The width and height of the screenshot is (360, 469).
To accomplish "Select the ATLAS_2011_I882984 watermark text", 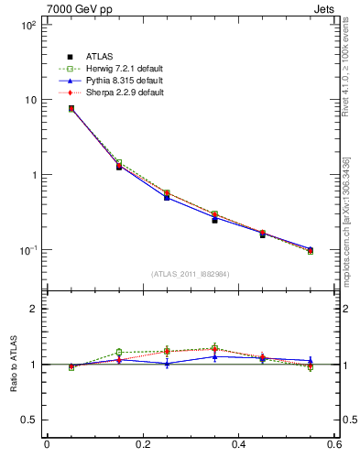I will [x=191, y=273].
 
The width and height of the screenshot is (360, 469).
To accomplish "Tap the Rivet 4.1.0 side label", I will [x=347, y=64].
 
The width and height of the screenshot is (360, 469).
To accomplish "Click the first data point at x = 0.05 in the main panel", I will [x=71, y=109].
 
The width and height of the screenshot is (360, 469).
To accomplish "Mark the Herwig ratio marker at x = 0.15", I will [x=118, y=353].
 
